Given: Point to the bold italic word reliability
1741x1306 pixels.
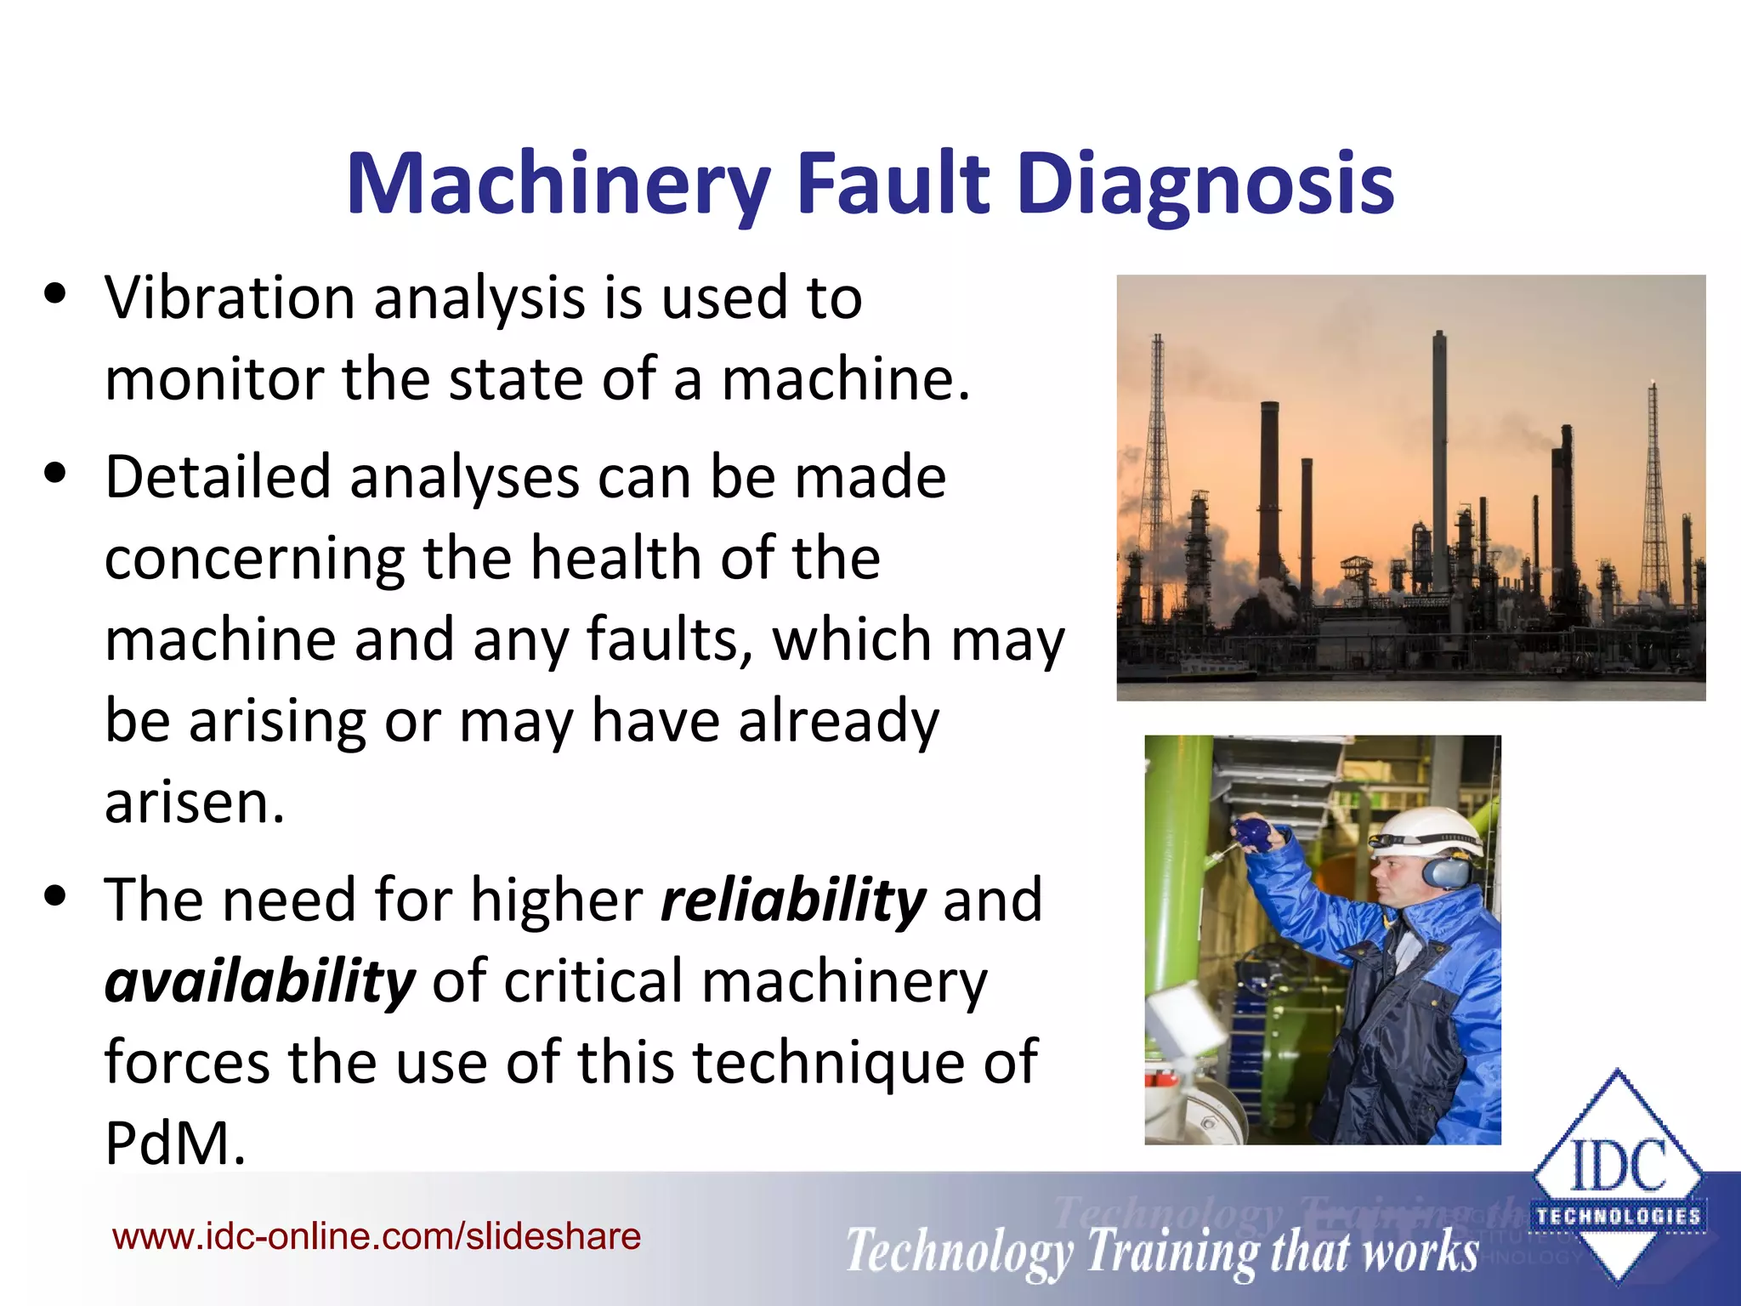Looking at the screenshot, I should [x=793, y=900].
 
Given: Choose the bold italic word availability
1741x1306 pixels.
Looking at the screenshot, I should [x=260, y=981].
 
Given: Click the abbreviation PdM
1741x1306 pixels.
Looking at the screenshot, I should [x=175, y=1144].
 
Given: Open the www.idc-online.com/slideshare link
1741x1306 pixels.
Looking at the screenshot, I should [x=377, y=1236].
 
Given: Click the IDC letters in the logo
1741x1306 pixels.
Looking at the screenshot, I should [x=1618, y=1167].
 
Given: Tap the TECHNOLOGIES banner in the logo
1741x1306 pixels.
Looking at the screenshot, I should [x=1618, y=1217].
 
